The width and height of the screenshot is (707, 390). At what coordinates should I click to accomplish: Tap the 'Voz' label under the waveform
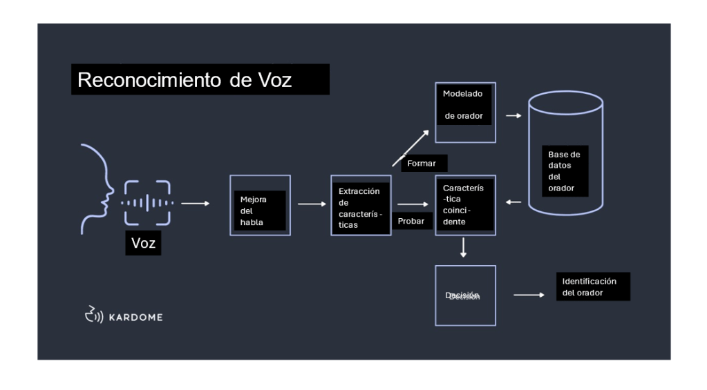pyautogui.click(x=143, y=243)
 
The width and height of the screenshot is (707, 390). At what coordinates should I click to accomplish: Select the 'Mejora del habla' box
pyautogui.click(x=260, y=205)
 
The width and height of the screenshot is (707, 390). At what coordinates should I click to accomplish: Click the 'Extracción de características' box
pyautogui.click(x=361, y=205)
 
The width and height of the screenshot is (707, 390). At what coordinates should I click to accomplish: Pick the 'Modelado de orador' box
pyautogui.click(x=465, y=113)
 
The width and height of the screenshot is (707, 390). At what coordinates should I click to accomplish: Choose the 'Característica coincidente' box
pyautogui.click(x=465, y=205)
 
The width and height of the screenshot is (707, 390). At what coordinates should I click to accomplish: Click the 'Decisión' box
pyautogui.click(x=465, y=295)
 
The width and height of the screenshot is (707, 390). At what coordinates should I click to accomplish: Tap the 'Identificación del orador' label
pyautogui.click(x=592, y=287)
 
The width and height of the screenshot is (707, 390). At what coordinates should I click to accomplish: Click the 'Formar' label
pyautogui.click(x=422, y=164)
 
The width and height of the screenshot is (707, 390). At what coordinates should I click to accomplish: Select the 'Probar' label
pyautogui.click(x=412, y=220)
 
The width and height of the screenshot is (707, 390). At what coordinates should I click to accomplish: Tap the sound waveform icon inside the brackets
pyautogui.click(x=147, y=203)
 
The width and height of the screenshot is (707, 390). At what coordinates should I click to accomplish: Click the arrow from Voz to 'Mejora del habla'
pyautogui.click(x=195, y=204)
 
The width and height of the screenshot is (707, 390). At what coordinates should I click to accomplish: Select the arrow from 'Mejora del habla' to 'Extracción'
pyautogui.click(x=310, y=204)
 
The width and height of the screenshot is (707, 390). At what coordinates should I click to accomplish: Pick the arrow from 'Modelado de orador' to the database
pyautogui.click(x=513, y=116)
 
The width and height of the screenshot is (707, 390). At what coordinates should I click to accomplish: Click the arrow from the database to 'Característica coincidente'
pyautogui.click(x=513, y=202)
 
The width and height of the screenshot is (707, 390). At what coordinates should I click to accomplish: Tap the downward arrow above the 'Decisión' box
pyautogui.click(x=463, y=248)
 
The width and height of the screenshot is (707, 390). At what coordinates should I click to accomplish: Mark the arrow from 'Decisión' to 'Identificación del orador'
pyautogui.click(x=529, y=295)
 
